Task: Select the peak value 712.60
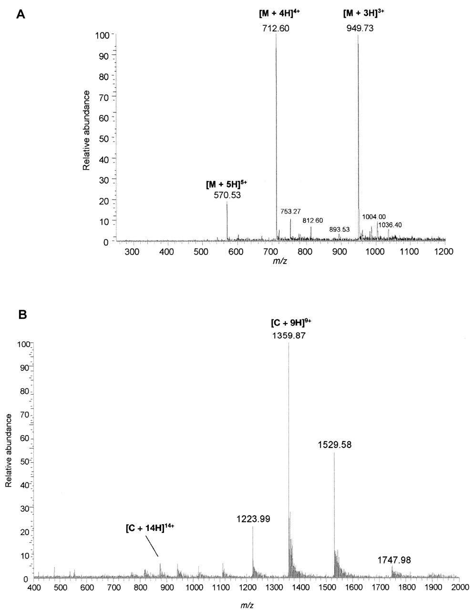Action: click(x=275, y=28)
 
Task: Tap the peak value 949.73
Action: click(x=360, y=28)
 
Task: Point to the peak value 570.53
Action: click(x=227, y=194)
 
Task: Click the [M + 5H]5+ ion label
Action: click(x=227, y=184)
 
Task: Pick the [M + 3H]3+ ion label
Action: click(x=363, y=12)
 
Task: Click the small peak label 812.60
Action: click(x=312, y=221)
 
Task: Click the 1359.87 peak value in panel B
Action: click(x=289, y=335)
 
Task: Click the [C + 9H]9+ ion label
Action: click(x=289, y=323)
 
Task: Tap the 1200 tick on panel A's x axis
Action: click(x=444, y=251)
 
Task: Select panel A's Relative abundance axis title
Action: click(x=87, y=130)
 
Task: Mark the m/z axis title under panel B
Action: click(x=247, y=604)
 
